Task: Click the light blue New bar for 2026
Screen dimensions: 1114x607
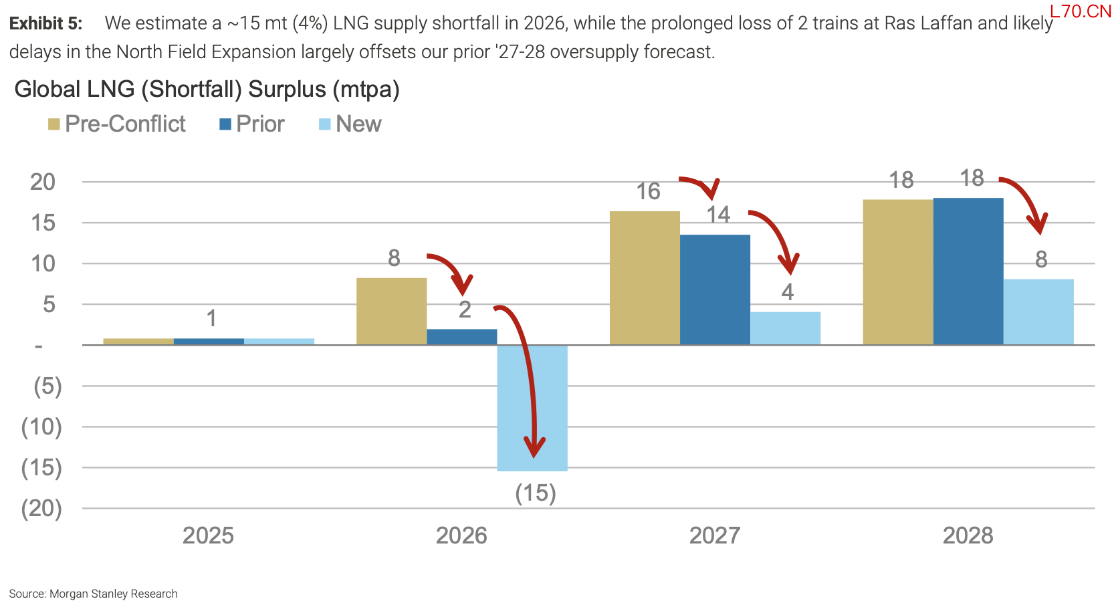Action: pyautogui.click(x=532, y=408)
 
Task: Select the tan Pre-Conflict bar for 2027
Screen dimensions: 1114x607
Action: pyautogui.click(x=645, y=278)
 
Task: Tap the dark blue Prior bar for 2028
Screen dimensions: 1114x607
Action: pyautogui.click(x=968, y=271)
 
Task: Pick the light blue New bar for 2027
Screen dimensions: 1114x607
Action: pyautogui.click(x=785, y=329)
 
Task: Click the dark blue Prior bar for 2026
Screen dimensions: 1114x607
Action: pyautogui.click(x=462, y=337)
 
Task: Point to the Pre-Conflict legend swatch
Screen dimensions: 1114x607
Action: pyautogui.click(x=53, y=124)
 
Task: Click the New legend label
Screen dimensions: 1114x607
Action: pyautogui.click(x=358, y=124)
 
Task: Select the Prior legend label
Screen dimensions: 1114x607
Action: pyautogui.click(x=260, y=124)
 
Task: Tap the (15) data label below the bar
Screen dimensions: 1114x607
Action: pyautogui.click(x=536, y=493)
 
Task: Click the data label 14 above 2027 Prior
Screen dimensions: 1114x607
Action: pyautogui.click(x=718, y=215)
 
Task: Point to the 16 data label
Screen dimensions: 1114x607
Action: pyautogui.click(x=649, y=191)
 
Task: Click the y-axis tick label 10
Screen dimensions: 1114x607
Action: pyautogui.click(x=43, y=263)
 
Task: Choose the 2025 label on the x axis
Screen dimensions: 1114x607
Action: pyautogui.click(x=208, y=536)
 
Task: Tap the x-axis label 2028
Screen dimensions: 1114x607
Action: pyautogui.click(x=968, y=536)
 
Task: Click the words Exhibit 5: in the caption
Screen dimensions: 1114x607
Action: pyautogui.click(x=45, y=23)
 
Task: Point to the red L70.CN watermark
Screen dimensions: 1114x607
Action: pyautogui.click(x=1080, y=11)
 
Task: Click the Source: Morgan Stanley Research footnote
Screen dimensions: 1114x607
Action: pyautogui.click(x=93, y=594)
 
